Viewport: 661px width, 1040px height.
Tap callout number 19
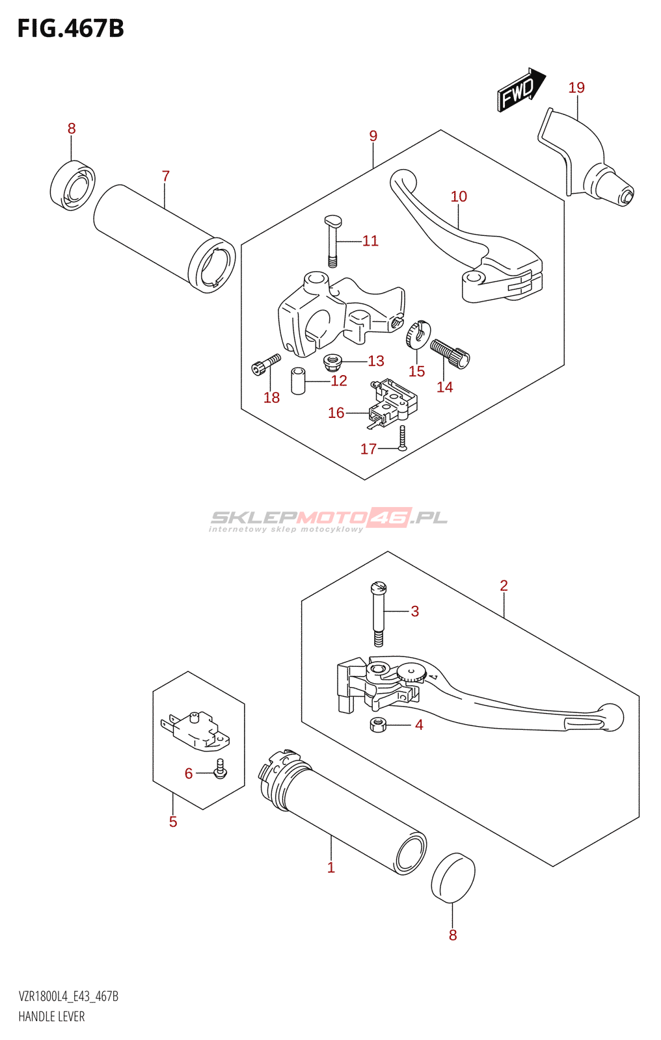(576, 88)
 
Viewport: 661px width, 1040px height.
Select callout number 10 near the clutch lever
(459, 196)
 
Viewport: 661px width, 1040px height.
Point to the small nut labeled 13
(333, 359)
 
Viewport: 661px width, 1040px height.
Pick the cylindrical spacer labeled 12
(298, 381)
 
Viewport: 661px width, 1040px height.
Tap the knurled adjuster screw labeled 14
(450, 353)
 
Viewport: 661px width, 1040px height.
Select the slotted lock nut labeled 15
(415, 334)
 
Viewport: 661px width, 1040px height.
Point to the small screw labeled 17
(403, 438)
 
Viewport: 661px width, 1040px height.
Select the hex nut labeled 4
(378, 724)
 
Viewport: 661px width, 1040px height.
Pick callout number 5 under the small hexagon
(173, 822)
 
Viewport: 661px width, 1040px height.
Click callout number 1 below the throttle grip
(331, 867)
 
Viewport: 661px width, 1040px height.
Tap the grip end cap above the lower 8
(453, 877)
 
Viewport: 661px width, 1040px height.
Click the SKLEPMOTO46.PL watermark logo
(329, 519)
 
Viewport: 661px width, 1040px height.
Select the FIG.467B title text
(70, 29)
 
